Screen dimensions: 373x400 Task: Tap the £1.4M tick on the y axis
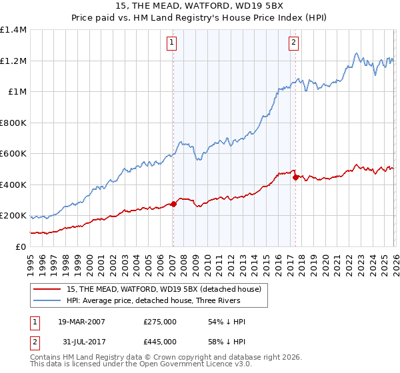click(x=13, y=30)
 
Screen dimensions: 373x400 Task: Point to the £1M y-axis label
click(x=17, y=92)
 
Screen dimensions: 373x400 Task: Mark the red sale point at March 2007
click(x=173, y=204)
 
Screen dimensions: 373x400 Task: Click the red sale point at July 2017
click(x=295, y=177)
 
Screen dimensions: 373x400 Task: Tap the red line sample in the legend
click(x=47, y=289)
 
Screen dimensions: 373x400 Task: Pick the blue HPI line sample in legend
click(x=47, y=301)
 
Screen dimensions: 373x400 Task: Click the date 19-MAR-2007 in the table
click(x=81, y=322)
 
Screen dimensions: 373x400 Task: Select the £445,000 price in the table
click(x=160, y=342)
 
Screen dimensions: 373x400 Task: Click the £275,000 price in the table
click(x=160, y=322)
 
